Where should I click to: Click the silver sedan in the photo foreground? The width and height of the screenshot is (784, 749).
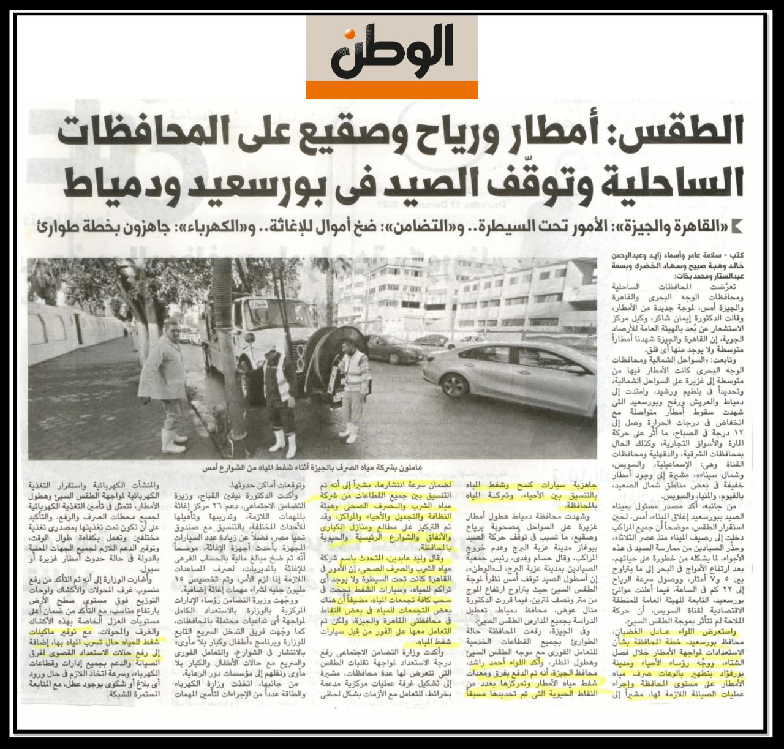[x=514, y=380]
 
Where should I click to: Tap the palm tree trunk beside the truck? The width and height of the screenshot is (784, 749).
[x=230, y=367]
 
